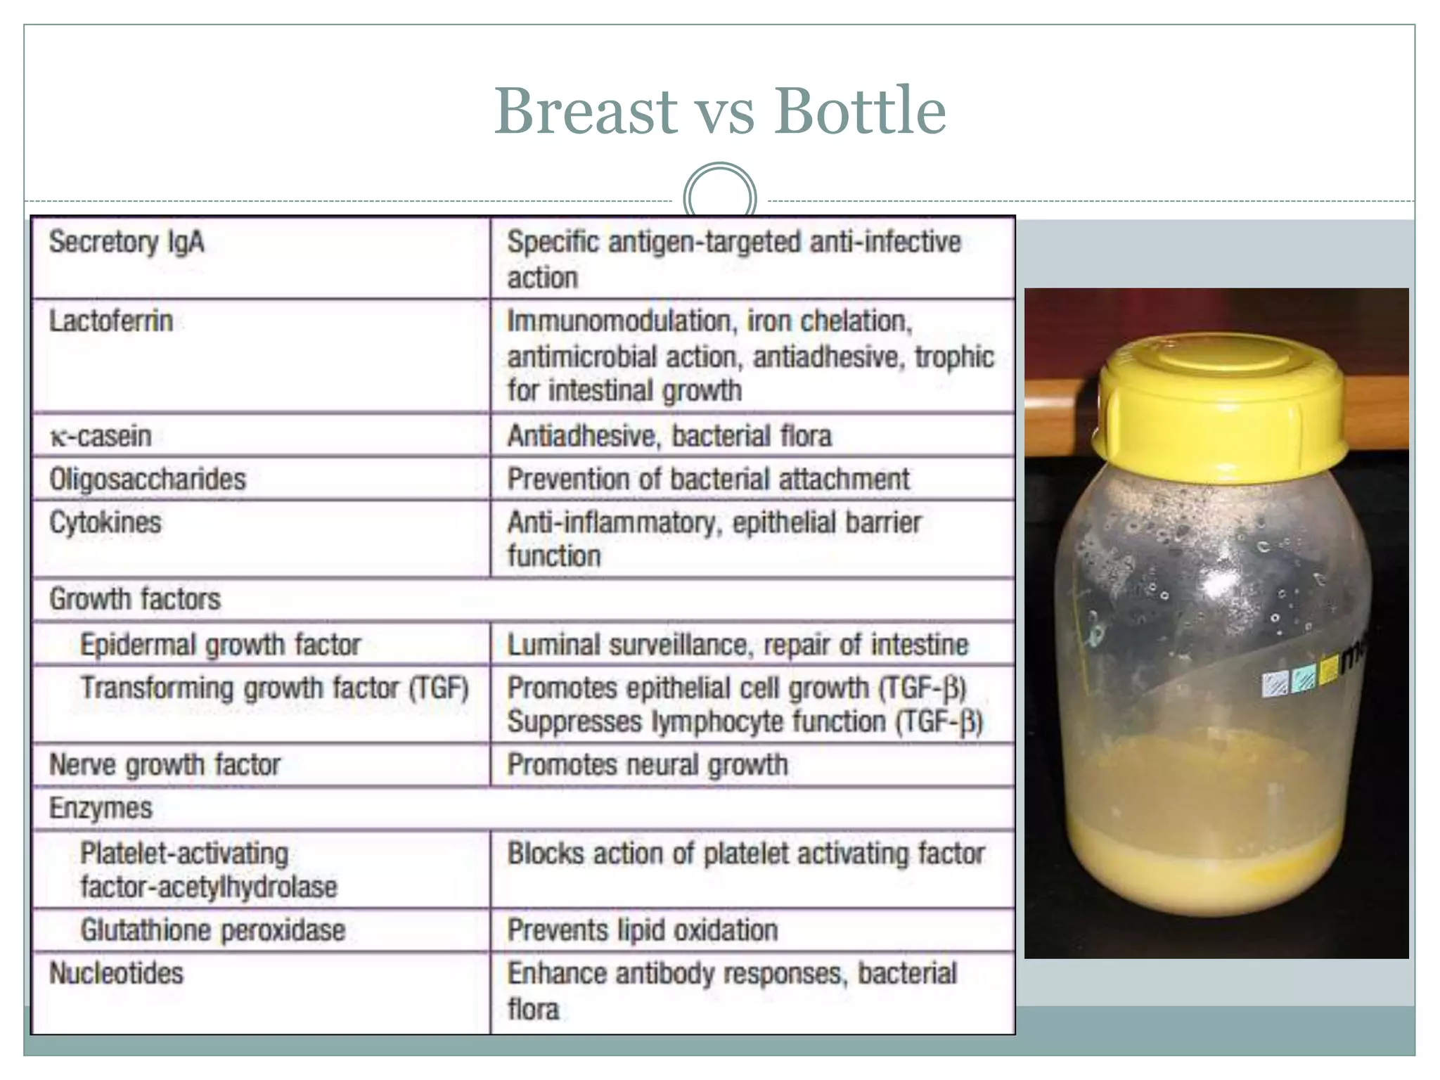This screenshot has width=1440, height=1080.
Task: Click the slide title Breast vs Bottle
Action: tap(719, 111)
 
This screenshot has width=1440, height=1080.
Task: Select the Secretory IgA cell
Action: tap(127, 243)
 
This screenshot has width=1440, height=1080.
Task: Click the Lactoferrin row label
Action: tap(111, 321)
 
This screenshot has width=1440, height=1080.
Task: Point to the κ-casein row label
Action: tap(101, 436)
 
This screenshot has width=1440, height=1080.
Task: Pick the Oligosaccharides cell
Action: tap(148, 480)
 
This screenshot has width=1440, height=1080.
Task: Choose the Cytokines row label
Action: tap(105, 522)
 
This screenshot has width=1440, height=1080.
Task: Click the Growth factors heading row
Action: tap(135, 600)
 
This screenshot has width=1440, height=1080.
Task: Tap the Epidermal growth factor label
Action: tap(220, 645)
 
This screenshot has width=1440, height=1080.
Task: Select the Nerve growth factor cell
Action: tap(165, 765)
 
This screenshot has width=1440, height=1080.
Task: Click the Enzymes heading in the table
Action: tap(101, 809)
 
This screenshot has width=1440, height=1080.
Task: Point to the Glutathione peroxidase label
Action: tap(213, 930)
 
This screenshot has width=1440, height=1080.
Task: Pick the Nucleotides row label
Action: tap(116, 974)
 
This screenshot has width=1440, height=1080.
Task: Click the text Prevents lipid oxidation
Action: tap(643, 930)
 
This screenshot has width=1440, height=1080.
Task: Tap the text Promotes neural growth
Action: tap(648, 765)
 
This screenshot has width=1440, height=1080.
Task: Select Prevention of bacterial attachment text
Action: tap(708, 480)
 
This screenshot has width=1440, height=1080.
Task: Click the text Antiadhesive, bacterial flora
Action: tap(669, 436)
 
